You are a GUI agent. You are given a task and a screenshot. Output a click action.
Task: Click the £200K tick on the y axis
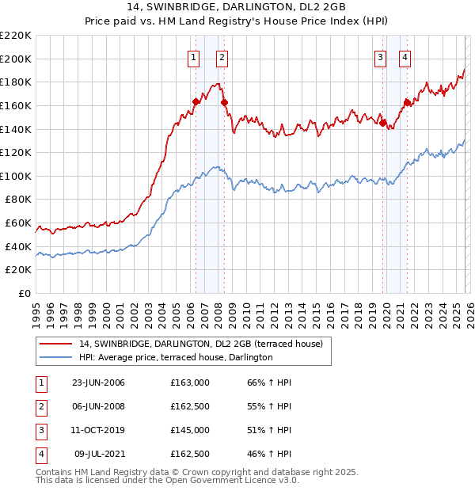point(17,59)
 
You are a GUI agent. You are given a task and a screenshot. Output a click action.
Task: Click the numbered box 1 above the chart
point(194,57)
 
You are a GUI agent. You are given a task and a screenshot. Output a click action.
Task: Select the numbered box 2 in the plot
point(222,57)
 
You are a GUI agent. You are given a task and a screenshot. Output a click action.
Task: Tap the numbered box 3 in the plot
point(381,57)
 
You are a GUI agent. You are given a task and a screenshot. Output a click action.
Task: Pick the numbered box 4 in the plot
point(405,57)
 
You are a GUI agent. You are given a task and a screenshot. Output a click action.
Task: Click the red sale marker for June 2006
point(196,101)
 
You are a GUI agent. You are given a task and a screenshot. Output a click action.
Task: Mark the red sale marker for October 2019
point(382,123)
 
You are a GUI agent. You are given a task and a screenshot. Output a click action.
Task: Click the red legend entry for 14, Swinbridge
point(199,344)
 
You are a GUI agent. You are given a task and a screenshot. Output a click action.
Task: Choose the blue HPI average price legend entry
point(176,358)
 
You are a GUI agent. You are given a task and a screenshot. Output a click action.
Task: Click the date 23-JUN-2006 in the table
point(98,383)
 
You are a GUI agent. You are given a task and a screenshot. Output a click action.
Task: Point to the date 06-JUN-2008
point(98,406)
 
